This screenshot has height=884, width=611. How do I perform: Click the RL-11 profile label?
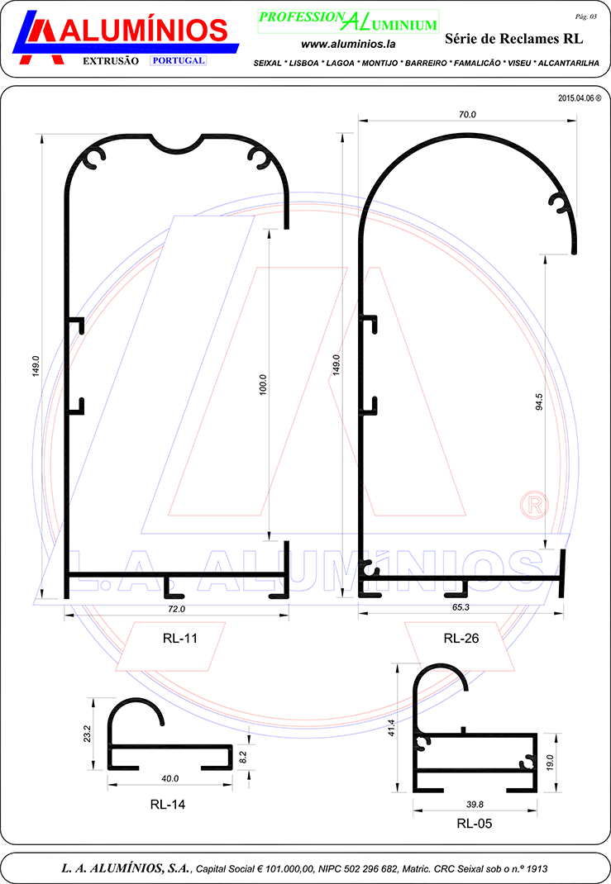[x=180, y=638]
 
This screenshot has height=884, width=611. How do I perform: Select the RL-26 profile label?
[x=461, y=638]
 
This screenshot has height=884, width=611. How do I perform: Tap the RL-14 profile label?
[x=168, y=805]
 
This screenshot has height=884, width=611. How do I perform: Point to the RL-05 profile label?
[x=475, y=824]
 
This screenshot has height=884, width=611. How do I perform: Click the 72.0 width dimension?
[x=177, y=609]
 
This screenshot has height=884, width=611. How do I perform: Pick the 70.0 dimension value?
[x=467, y=115]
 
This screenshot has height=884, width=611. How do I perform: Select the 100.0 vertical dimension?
[x=263, y=384]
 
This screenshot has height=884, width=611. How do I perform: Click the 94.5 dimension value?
[x=539, y=402]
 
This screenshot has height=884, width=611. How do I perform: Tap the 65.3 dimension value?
[x=461, y=607]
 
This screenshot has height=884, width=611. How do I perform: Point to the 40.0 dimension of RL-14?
[x=169, y=778]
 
